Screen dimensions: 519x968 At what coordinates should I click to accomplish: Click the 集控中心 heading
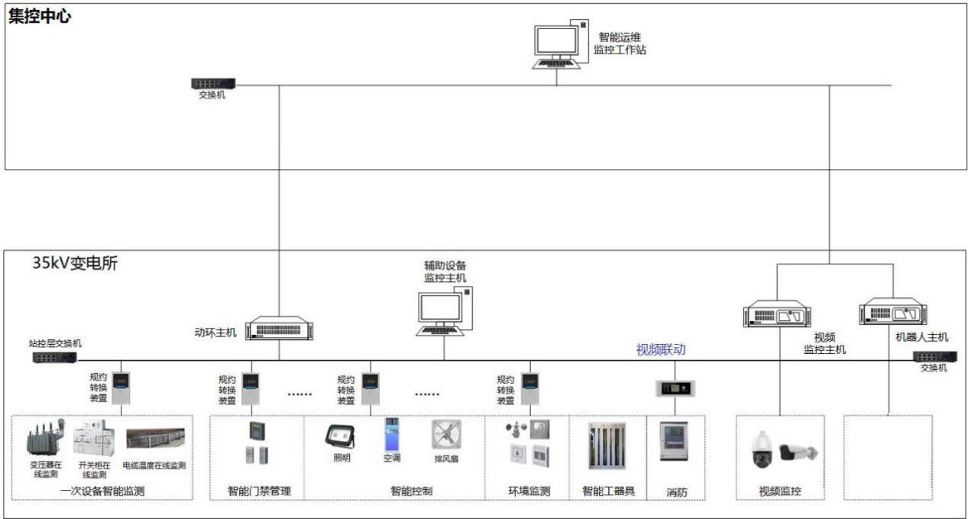[39, 16]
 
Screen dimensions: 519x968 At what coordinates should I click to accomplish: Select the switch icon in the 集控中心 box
[213, 83]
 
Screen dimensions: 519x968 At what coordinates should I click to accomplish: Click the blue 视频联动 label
[661, 350]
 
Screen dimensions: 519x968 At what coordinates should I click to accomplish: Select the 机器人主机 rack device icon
[892, 314]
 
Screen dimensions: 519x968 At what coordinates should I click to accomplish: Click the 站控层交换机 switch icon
[55, 356]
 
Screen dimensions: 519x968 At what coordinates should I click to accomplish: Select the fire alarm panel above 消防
[673, 441]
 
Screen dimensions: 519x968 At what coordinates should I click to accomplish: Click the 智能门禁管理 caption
[259, 491]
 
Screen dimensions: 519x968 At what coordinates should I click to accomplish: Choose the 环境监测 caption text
[529, 491]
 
